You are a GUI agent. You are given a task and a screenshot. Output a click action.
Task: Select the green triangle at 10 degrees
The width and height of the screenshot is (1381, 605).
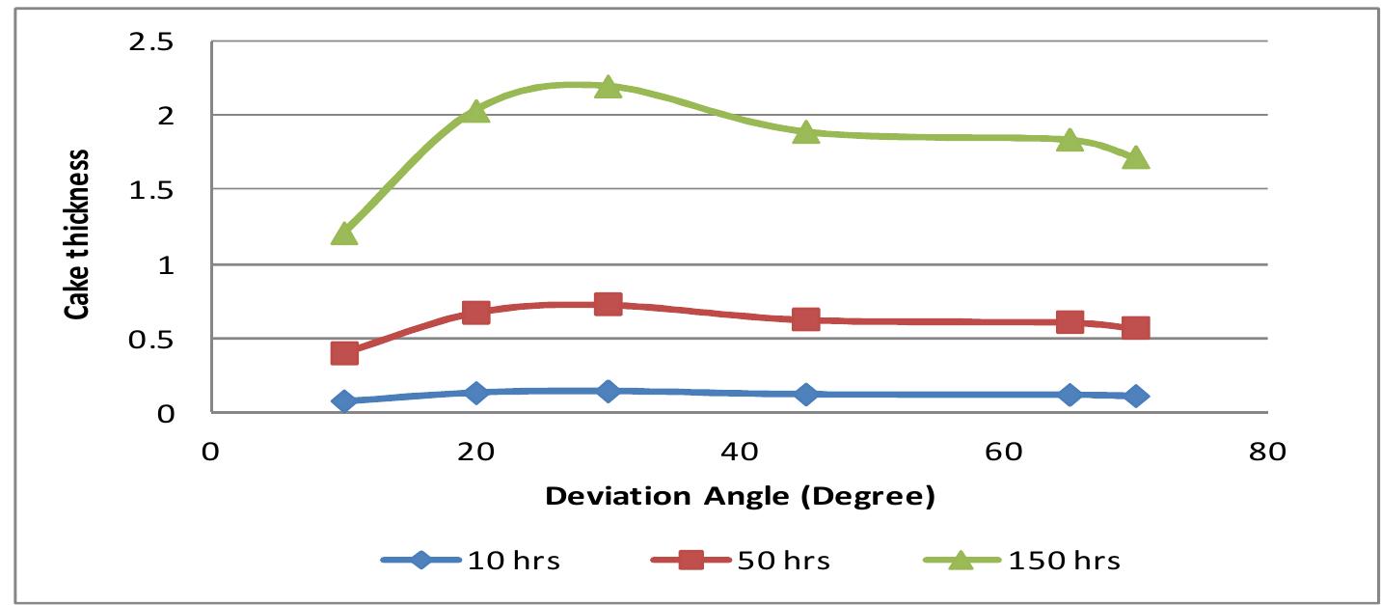[x=344, y=234]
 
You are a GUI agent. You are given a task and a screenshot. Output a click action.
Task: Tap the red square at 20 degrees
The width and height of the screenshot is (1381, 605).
[x=475, y=312]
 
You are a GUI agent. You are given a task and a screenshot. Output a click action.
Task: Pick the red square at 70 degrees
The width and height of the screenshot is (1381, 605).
[x=1136, y=328]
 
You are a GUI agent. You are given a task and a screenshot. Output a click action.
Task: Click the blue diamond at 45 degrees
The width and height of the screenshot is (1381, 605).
[x=806, y=395]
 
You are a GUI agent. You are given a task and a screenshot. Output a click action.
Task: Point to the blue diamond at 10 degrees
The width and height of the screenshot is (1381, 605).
[x=344, y=401]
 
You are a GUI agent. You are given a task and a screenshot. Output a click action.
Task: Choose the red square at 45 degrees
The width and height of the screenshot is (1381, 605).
[x=806, y=319]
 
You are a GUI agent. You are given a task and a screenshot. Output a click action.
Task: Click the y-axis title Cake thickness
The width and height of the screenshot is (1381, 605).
[x=77, y=234]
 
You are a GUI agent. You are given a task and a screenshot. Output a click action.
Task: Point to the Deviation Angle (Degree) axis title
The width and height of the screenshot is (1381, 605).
[x=740, y=497]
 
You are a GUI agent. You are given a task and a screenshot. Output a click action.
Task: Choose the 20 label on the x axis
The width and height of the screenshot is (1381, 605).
[x=475, y=452]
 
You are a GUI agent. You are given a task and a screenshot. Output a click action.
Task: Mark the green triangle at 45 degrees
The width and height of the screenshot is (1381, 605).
[x=806, y=132]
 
